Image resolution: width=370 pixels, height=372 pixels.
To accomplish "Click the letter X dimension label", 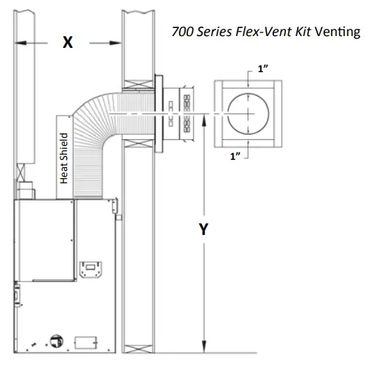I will (68, 43).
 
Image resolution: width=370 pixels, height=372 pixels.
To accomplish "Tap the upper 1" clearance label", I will (263, 69).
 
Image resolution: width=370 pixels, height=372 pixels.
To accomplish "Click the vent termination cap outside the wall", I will (179, 113).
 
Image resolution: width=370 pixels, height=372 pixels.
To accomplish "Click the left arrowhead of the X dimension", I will (21, 43).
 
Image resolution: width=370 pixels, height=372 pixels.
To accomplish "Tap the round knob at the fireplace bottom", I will (55, 340).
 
